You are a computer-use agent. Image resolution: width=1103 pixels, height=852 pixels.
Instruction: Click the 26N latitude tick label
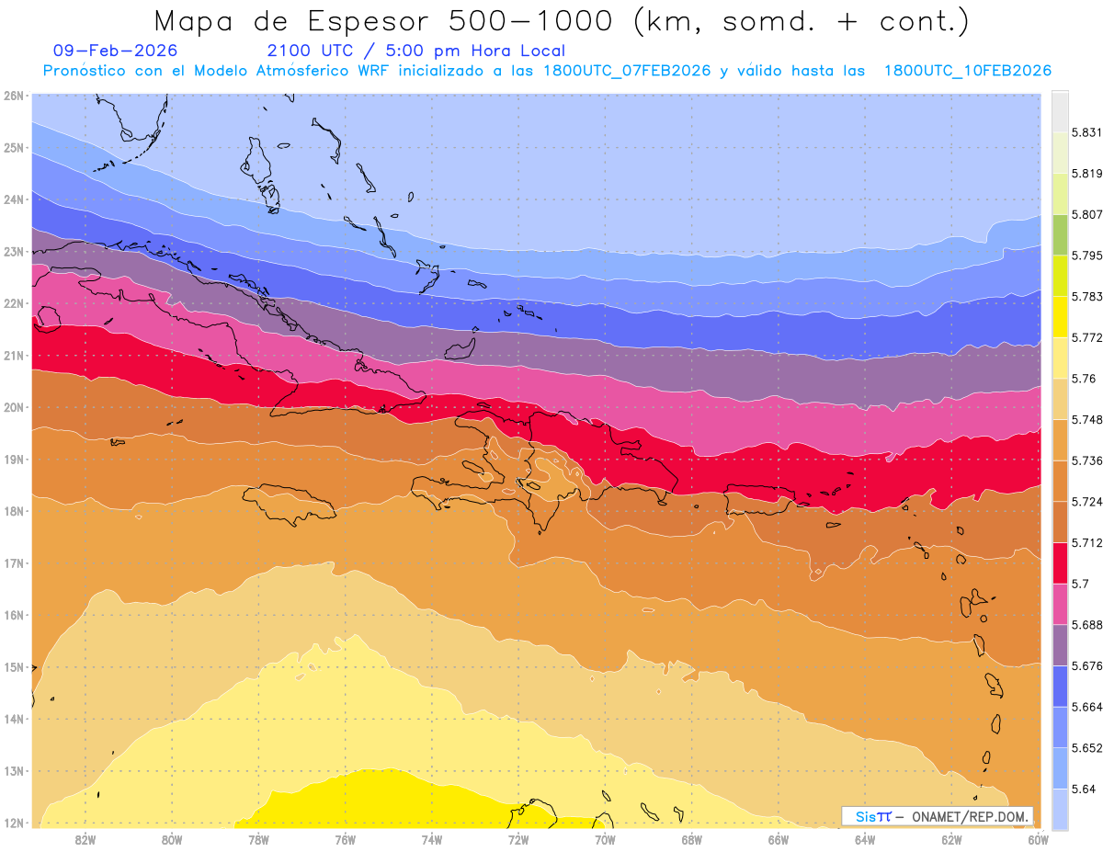pyautogui.click(x=13, y=96)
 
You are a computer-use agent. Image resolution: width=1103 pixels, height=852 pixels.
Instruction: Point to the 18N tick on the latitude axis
pyautogui.click(x=13, y=511)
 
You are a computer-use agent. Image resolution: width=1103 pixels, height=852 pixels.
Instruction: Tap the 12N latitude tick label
pyautogui.click(x=13, y=823)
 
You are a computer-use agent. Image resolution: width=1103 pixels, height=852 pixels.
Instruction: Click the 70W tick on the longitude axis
pyautogui.click(x=605, y=839)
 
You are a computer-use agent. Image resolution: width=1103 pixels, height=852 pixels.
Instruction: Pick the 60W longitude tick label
pyautogui.click(x=1038, y=839)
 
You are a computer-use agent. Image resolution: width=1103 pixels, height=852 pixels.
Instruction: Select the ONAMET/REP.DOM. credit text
pyautogui.click(x=971, y=816)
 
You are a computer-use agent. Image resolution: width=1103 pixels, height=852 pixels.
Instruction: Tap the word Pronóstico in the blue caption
pyautogui.click(x=93, y=71)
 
